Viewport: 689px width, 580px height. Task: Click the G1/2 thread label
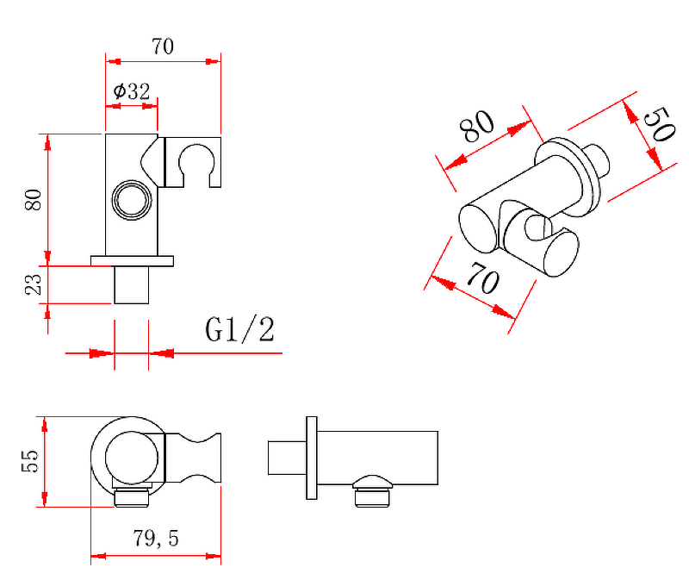(240, 330)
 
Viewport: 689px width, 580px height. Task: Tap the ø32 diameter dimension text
(132, 91)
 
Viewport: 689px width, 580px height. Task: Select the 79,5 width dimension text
(156, 539)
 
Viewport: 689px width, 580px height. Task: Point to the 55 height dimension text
(30, 461)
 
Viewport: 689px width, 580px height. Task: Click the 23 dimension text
(34, 284)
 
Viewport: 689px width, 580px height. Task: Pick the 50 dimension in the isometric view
(658, 124)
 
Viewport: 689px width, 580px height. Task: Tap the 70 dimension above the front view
(163, 47)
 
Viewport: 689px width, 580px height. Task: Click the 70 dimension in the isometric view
(483, 278)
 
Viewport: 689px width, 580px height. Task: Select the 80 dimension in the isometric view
(477, 126)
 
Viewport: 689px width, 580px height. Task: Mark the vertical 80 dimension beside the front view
(34, 200)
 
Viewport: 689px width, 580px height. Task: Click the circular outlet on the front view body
(132, 200)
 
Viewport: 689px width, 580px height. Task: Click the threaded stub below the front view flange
(132, 285)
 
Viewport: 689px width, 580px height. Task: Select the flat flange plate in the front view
(132, 261)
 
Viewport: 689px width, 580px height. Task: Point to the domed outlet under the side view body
(372, 490)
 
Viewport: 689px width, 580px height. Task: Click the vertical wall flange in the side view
(312, 458)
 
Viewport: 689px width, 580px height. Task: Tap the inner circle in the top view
(132, 458)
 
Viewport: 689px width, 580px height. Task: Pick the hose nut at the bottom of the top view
(132, 499)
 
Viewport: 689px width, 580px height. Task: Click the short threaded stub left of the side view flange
(288, 458)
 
